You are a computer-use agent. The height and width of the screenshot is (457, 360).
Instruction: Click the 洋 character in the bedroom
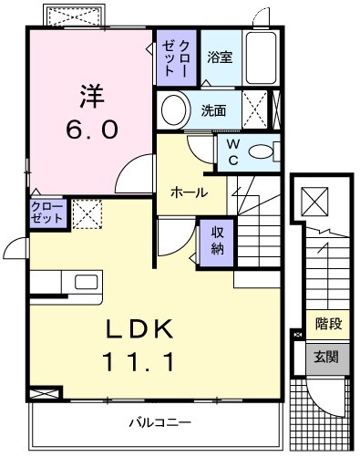pyautogui.click(x=90, y=95)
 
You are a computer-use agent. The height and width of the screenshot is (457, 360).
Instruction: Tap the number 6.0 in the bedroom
pyautogui.click(x=89, y=129)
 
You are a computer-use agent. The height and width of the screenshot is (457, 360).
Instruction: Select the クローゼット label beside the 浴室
pyautogui.click(x=177, y=57)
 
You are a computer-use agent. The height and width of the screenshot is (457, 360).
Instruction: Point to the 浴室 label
pyautogui.click(x=219, y=57)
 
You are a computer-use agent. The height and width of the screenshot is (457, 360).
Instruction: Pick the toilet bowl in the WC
pyautogui.click(x=262, y=152)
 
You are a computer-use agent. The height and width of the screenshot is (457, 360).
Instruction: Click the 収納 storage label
pyautogui.click(x=218, y=240)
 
